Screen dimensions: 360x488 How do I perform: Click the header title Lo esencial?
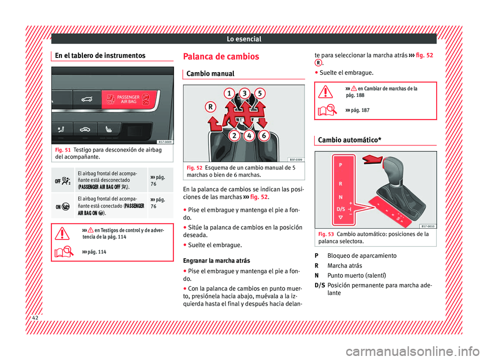coord(243,39)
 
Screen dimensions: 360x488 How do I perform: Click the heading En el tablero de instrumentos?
coord(96,55)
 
